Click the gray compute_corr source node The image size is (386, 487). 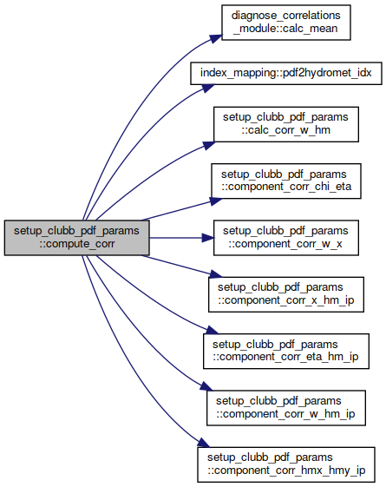76,238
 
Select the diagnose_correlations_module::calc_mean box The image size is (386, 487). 285,23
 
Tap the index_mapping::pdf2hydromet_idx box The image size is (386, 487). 285,73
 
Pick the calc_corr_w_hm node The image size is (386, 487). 285,124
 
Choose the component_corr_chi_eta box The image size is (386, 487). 285,181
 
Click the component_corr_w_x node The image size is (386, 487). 285,238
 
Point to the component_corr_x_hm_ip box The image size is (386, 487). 285,294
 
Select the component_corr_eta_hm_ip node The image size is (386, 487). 285,352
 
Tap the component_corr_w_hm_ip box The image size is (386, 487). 285,408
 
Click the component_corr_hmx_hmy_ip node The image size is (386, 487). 285,464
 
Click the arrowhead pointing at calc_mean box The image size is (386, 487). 215,38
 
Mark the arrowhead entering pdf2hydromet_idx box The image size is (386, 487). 208,88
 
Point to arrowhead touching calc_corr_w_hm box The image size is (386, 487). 208,145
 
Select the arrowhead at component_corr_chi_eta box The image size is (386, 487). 216,201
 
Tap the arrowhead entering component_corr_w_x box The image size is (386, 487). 208,238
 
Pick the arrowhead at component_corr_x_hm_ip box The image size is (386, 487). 216,274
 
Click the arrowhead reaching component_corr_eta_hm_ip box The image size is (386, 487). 213,330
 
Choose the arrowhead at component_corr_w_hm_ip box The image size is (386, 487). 206,386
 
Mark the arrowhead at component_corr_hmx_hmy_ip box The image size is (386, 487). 204,443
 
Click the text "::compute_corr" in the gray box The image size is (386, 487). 76,244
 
